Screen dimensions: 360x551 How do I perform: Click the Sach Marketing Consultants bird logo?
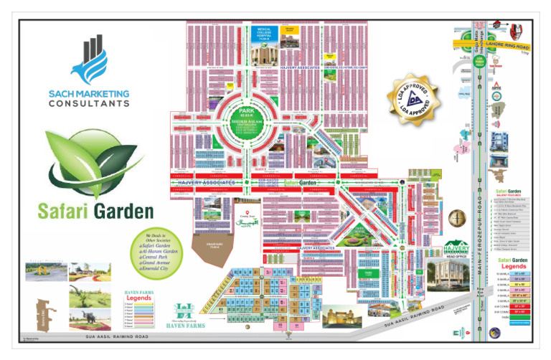pyautogui.click(x=89, y=61)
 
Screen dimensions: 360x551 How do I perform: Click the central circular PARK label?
pyautogui.click(x=246, y=112)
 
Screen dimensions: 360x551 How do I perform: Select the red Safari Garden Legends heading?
pyautogui.click(x=512, y=261)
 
